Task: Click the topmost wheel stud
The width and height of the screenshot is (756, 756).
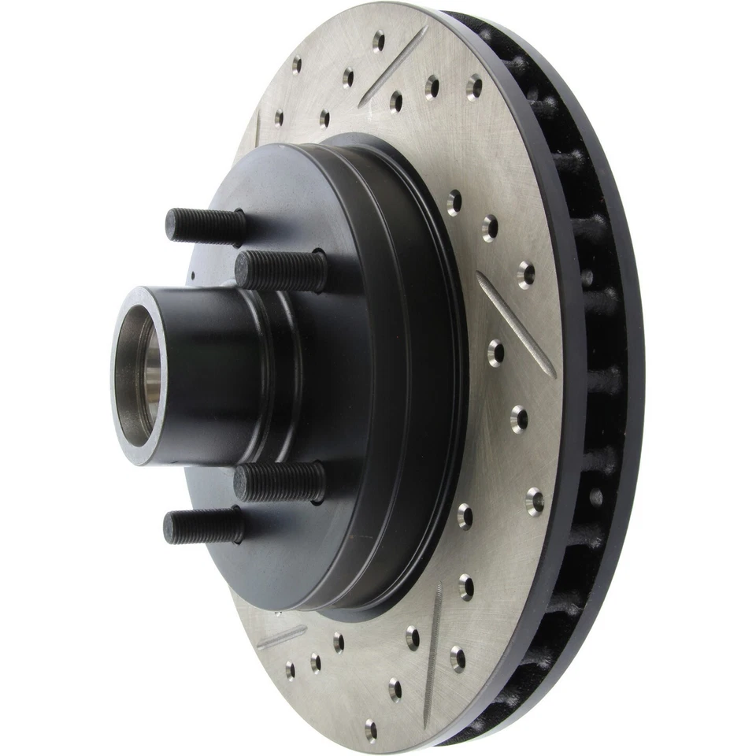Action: (x=205, y=225)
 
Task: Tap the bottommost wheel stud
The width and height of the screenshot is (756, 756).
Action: (x=203, y=526)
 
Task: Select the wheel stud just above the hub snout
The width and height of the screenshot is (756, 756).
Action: (x=280, y=270)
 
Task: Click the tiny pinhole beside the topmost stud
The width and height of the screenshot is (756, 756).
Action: (x=193, y=276)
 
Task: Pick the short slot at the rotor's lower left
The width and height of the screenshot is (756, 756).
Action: (x=281, y=636)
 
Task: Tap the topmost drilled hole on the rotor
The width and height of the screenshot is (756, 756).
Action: (x=378, y=41)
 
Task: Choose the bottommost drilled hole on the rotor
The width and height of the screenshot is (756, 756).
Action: (x=370, y=730)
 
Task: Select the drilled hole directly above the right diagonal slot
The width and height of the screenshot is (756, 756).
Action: (x=526, y=273)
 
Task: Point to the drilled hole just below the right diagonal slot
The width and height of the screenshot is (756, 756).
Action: (x=495, y=352)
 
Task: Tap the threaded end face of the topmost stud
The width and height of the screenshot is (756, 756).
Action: (x=171, y=224)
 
